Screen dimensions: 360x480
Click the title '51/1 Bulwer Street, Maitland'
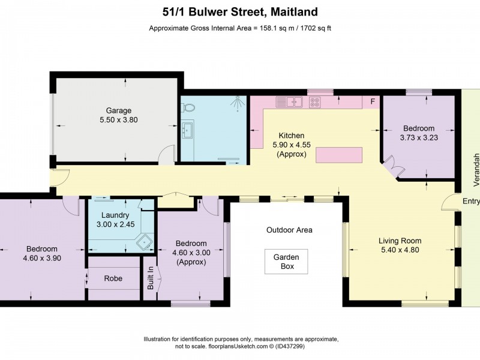(x=240, y=11)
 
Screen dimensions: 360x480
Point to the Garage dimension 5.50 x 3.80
(x=119, y=119)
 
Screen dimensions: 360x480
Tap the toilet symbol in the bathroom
(x=190, y=107)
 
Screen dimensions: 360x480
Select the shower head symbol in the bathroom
(x=238, y=104)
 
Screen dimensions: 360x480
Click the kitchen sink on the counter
(x=294, y=102)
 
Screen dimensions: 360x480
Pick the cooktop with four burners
(x=314, y=103)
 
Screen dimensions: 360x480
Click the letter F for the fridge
(x=373, y=102)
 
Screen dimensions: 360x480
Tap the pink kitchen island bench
(x=339, y=155)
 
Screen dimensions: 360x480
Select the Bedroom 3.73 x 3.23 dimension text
(x=418, y=137)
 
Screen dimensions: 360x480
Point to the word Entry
(x=471, y=202)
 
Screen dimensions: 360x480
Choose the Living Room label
(x=401, y=241)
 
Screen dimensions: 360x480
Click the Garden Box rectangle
(x=287, y=262)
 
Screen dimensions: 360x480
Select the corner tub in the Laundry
(x=145, y=242)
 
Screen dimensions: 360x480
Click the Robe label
(x=113, y=278)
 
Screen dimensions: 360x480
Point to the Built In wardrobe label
(x=151, y=278)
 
